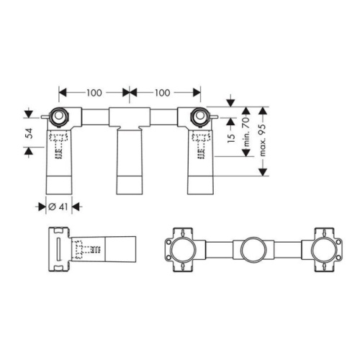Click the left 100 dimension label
click(94, 93)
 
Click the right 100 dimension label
click(163, 93)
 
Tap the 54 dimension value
click(29, 133)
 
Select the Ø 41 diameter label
click(58, 207)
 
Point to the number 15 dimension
click(231, 138)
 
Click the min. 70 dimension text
click(247, 132)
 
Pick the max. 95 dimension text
click(263, 140)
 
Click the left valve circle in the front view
click(59, 117)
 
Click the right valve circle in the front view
click(200, 117)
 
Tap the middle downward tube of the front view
click(130, 161)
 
